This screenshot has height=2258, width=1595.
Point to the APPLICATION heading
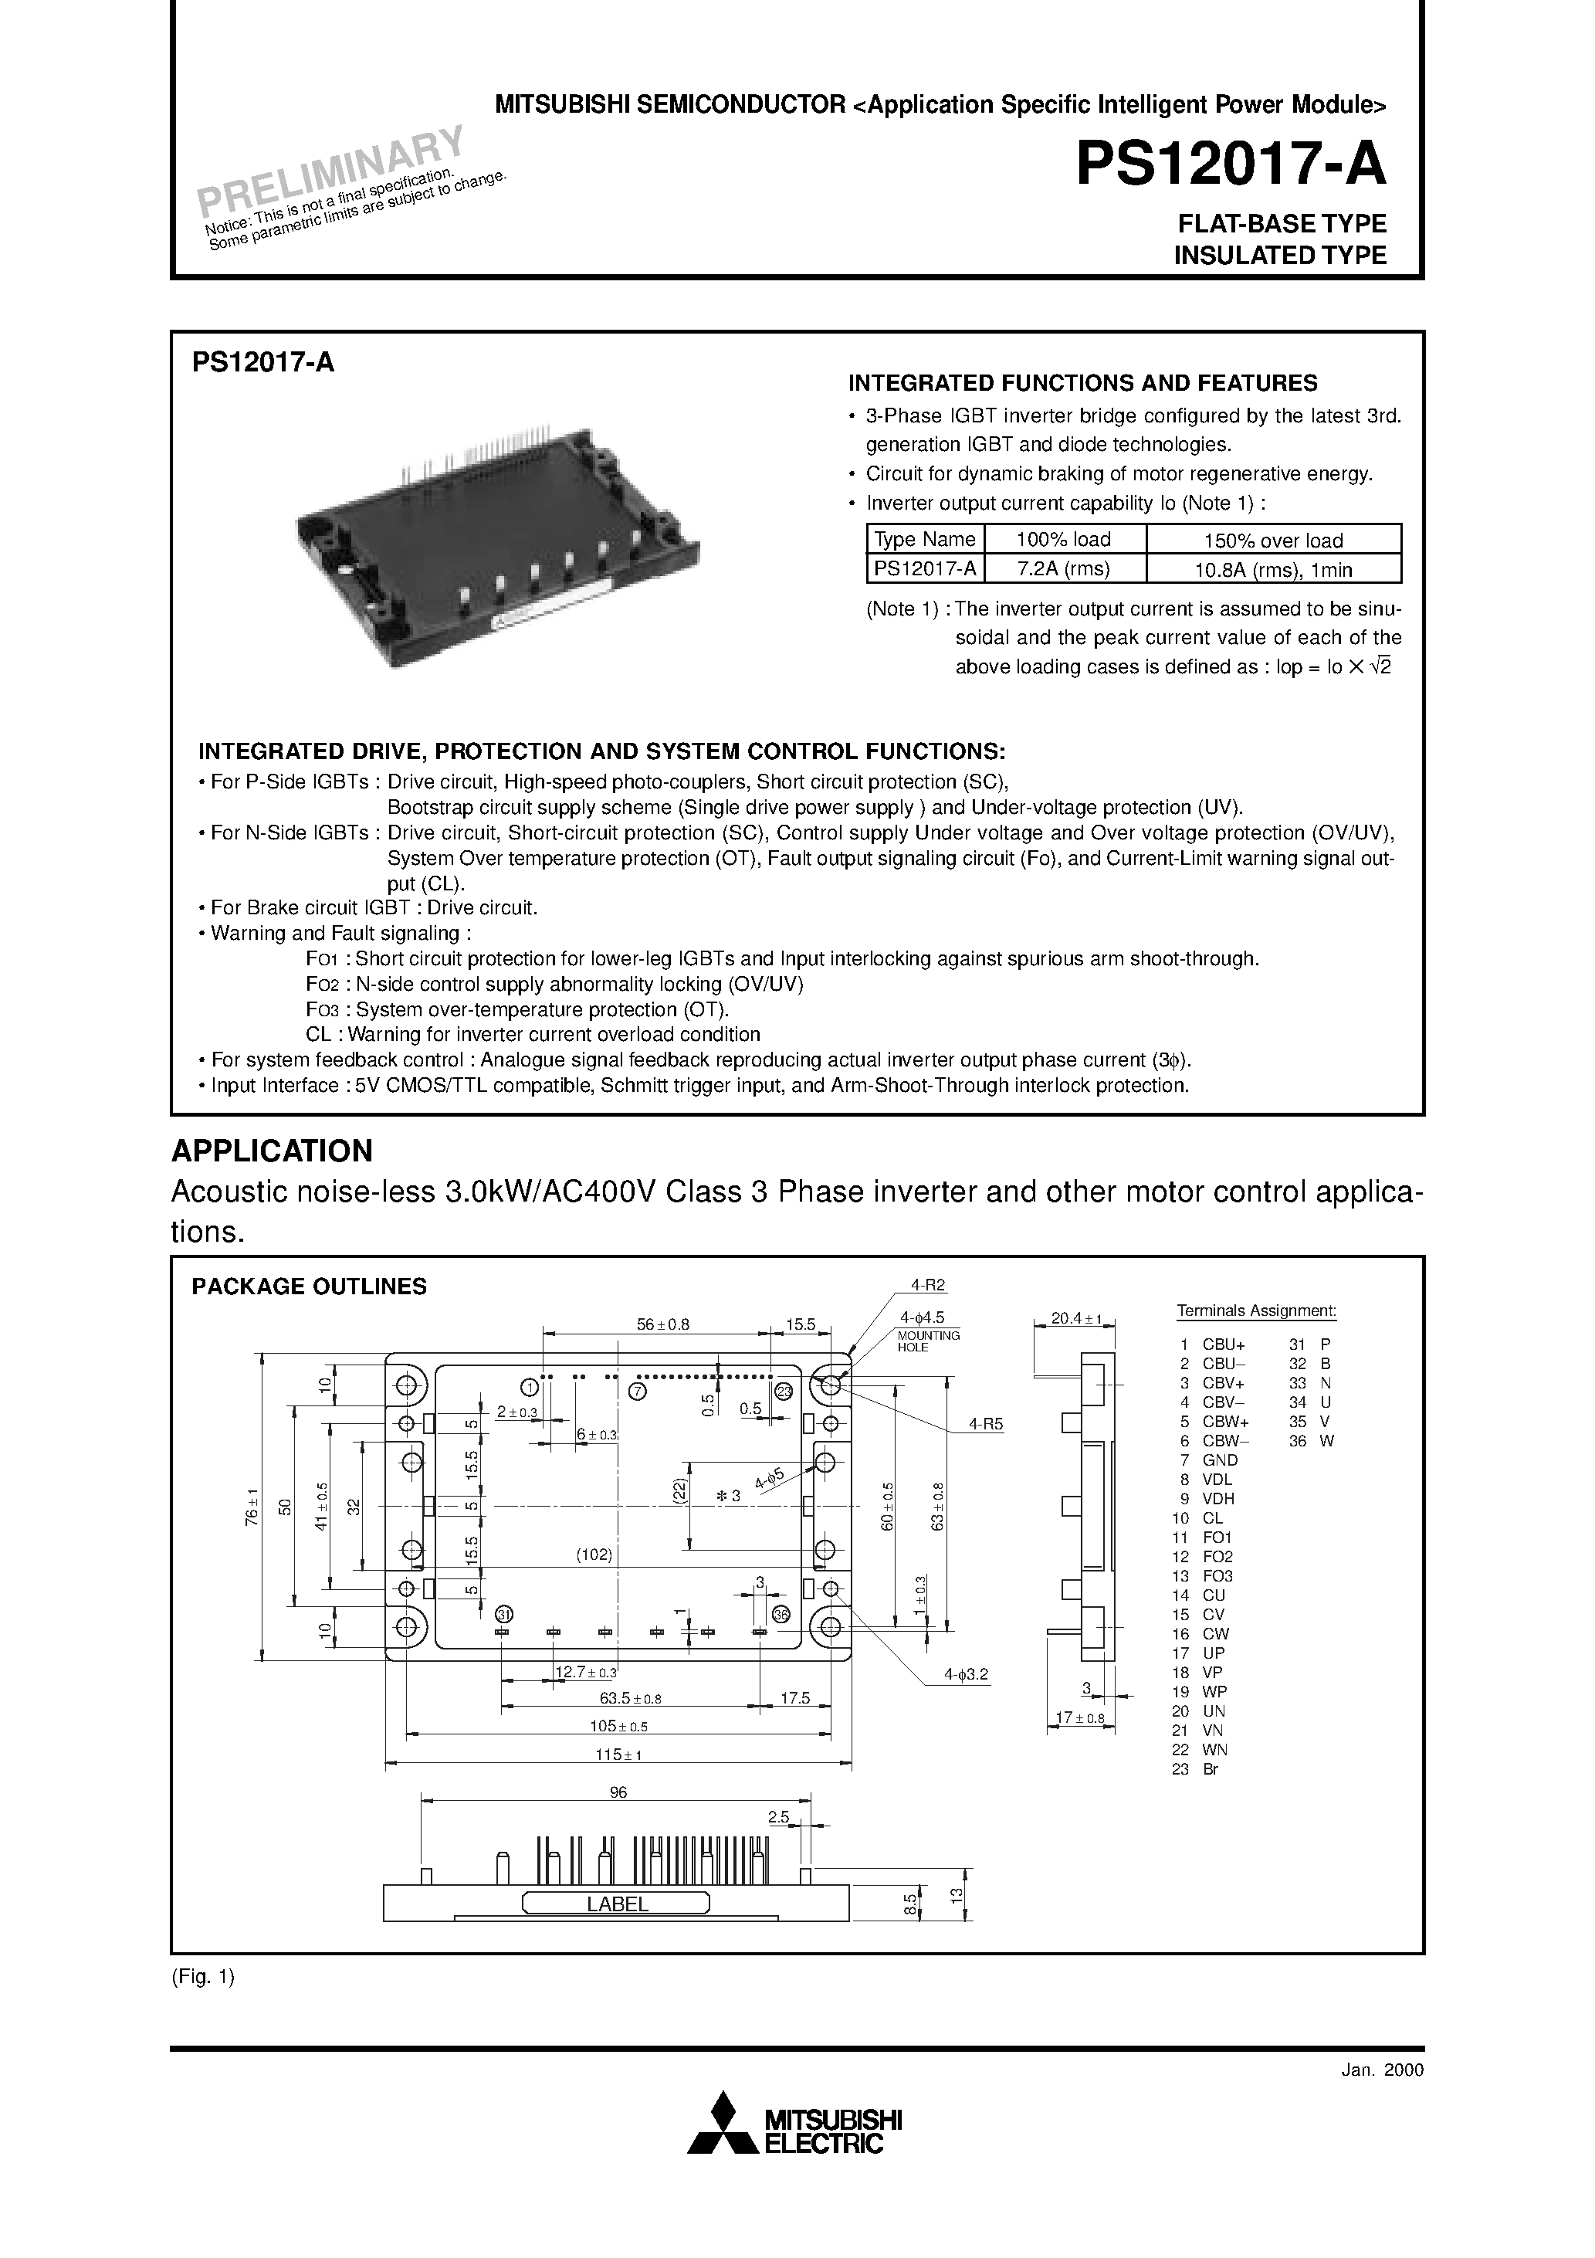tap(273, 1150)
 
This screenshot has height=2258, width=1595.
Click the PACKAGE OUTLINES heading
tap(309, 1287)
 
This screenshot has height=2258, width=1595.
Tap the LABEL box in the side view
tap(617, 1903)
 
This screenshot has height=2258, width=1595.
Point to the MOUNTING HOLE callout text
tap(926, 1341)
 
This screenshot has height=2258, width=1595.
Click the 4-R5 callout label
tap(985, 1423)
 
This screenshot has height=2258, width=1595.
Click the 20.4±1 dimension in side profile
tap(1075, 1319)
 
